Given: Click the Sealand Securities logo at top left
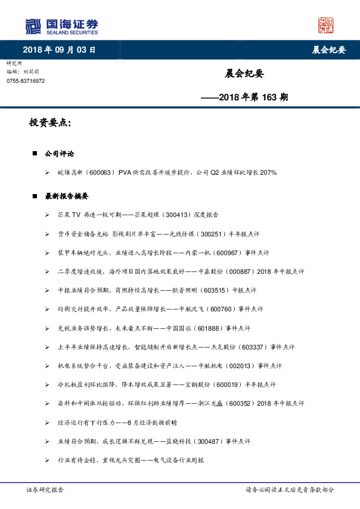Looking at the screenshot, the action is point(61,26).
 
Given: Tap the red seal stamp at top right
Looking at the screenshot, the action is point(326,26).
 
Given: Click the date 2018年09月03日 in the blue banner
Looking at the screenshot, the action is point(59,50).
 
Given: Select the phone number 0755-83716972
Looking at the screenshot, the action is point(25,81).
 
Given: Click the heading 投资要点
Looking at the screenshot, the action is point(50,123).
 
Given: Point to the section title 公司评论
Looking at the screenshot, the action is point(60,154).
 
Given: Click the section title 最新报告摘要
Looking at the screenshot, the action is point(67,196).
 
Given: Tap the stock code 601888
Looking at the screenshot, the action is point(209,328).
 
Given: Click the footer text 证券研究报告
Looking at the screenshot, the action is point(45,490).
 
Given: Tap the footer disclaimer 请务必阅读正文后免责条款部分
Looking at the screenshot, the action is point(289,490).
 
